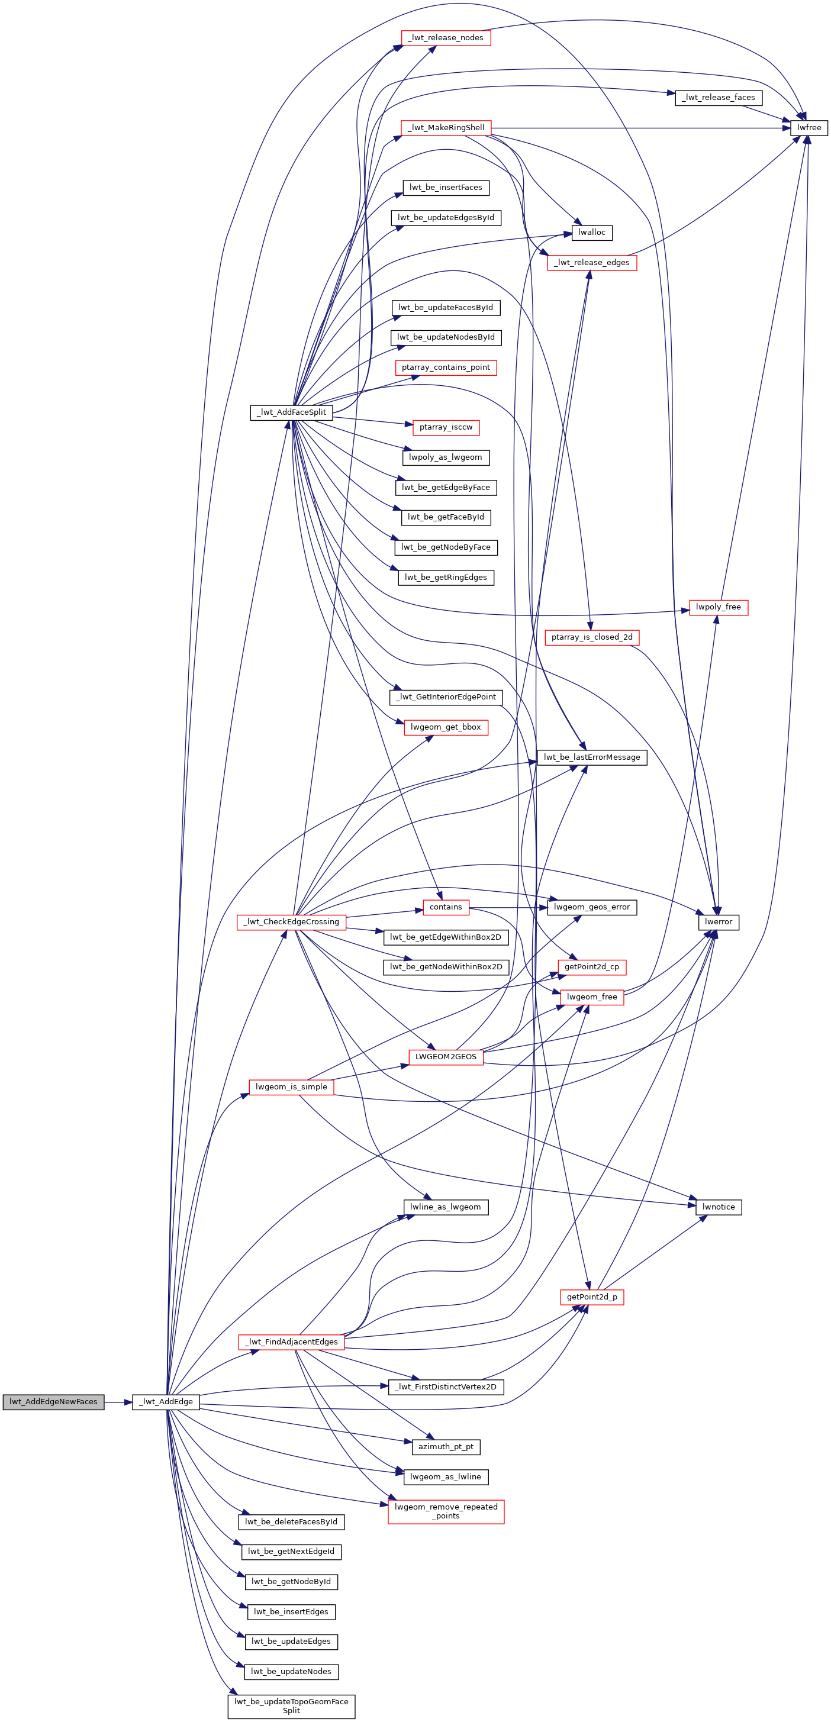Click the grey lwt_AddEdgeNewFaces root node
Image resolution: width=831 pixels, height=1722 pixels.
point(53,1402)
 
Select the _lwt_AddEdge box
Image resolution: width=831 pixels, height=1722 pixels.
point(166,1402)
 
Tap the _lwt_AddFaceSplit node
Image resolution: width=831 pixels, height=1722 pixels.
point(291,412)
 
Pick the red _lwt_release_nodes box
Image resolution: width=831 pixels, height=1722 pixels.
point(446,38)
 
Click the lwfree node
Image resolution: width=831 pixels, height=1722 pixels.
point(809,128)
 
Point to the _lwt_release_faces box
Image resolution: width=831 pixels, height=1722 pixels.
point(719,98)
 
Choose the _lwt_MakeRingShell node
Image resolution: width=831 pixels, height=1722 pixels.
point(446,128)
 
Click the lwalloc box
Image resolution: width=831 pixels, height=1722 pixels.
point(592,233)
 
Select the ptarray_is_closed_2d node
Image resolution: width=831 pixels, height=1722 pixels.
point(592,637)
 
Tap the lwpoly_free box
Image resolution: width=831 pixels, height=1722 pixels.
point(719,607)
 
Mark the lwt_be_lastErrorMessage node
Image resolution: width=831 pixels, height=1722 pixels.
point(592,757)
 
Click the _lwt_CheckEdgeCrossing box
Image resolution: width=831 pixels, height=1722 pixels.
point(291,922)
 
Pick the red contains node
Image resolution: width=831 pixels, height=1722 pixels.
point(446,907)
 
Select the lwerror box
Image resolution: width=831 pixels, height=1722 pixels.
point(719,922)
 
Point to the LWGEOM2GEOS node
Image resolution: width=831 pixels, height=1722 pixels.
point(446,1057)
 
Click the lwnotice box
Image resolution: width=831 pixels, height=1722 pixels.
point(719,1207)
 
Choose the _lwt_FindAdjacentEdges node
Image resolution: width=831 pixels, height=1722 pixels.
point(291,1342)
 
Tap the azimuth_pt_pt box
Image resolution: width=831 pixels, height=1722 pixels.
point(446,1447)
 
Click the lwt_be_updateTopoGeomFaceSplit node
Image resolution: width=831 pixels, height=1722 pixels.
point(291,1706)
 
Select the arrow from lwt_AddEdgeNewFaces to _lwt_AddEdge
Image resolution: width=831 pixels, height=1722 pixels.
point(118,1402)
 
